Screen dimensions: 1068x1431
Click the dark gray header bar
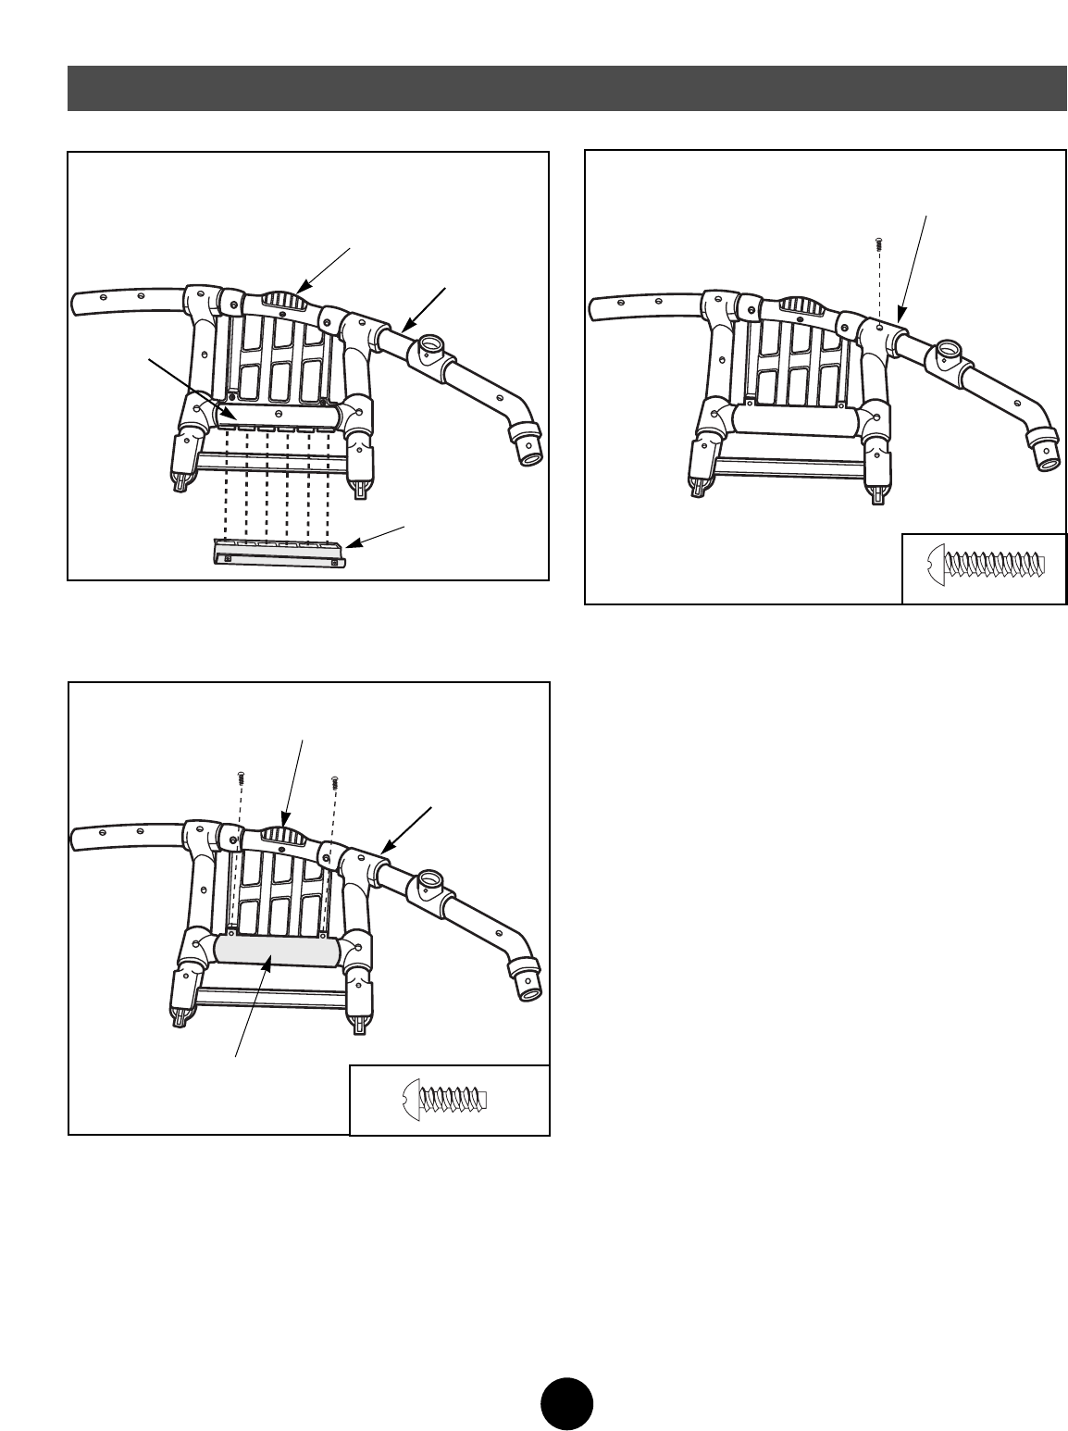tap(566, 88)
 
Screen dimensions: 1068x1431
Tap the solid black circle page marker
tap(567, 1405)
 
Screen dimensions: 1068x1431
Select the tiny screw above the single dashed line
tap(877, 243)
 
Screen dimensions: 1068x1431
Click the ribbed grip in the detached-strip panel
tap(284, 299)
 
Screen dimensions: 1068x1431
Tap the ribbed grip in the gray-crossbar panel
tap(284, 836)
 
